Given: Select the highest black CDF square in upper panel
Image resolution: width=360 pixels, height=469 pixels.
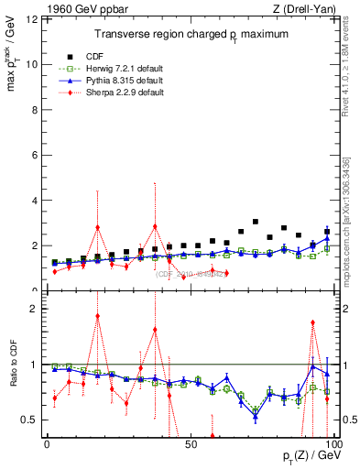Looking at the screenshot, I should tap(256, 222).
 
